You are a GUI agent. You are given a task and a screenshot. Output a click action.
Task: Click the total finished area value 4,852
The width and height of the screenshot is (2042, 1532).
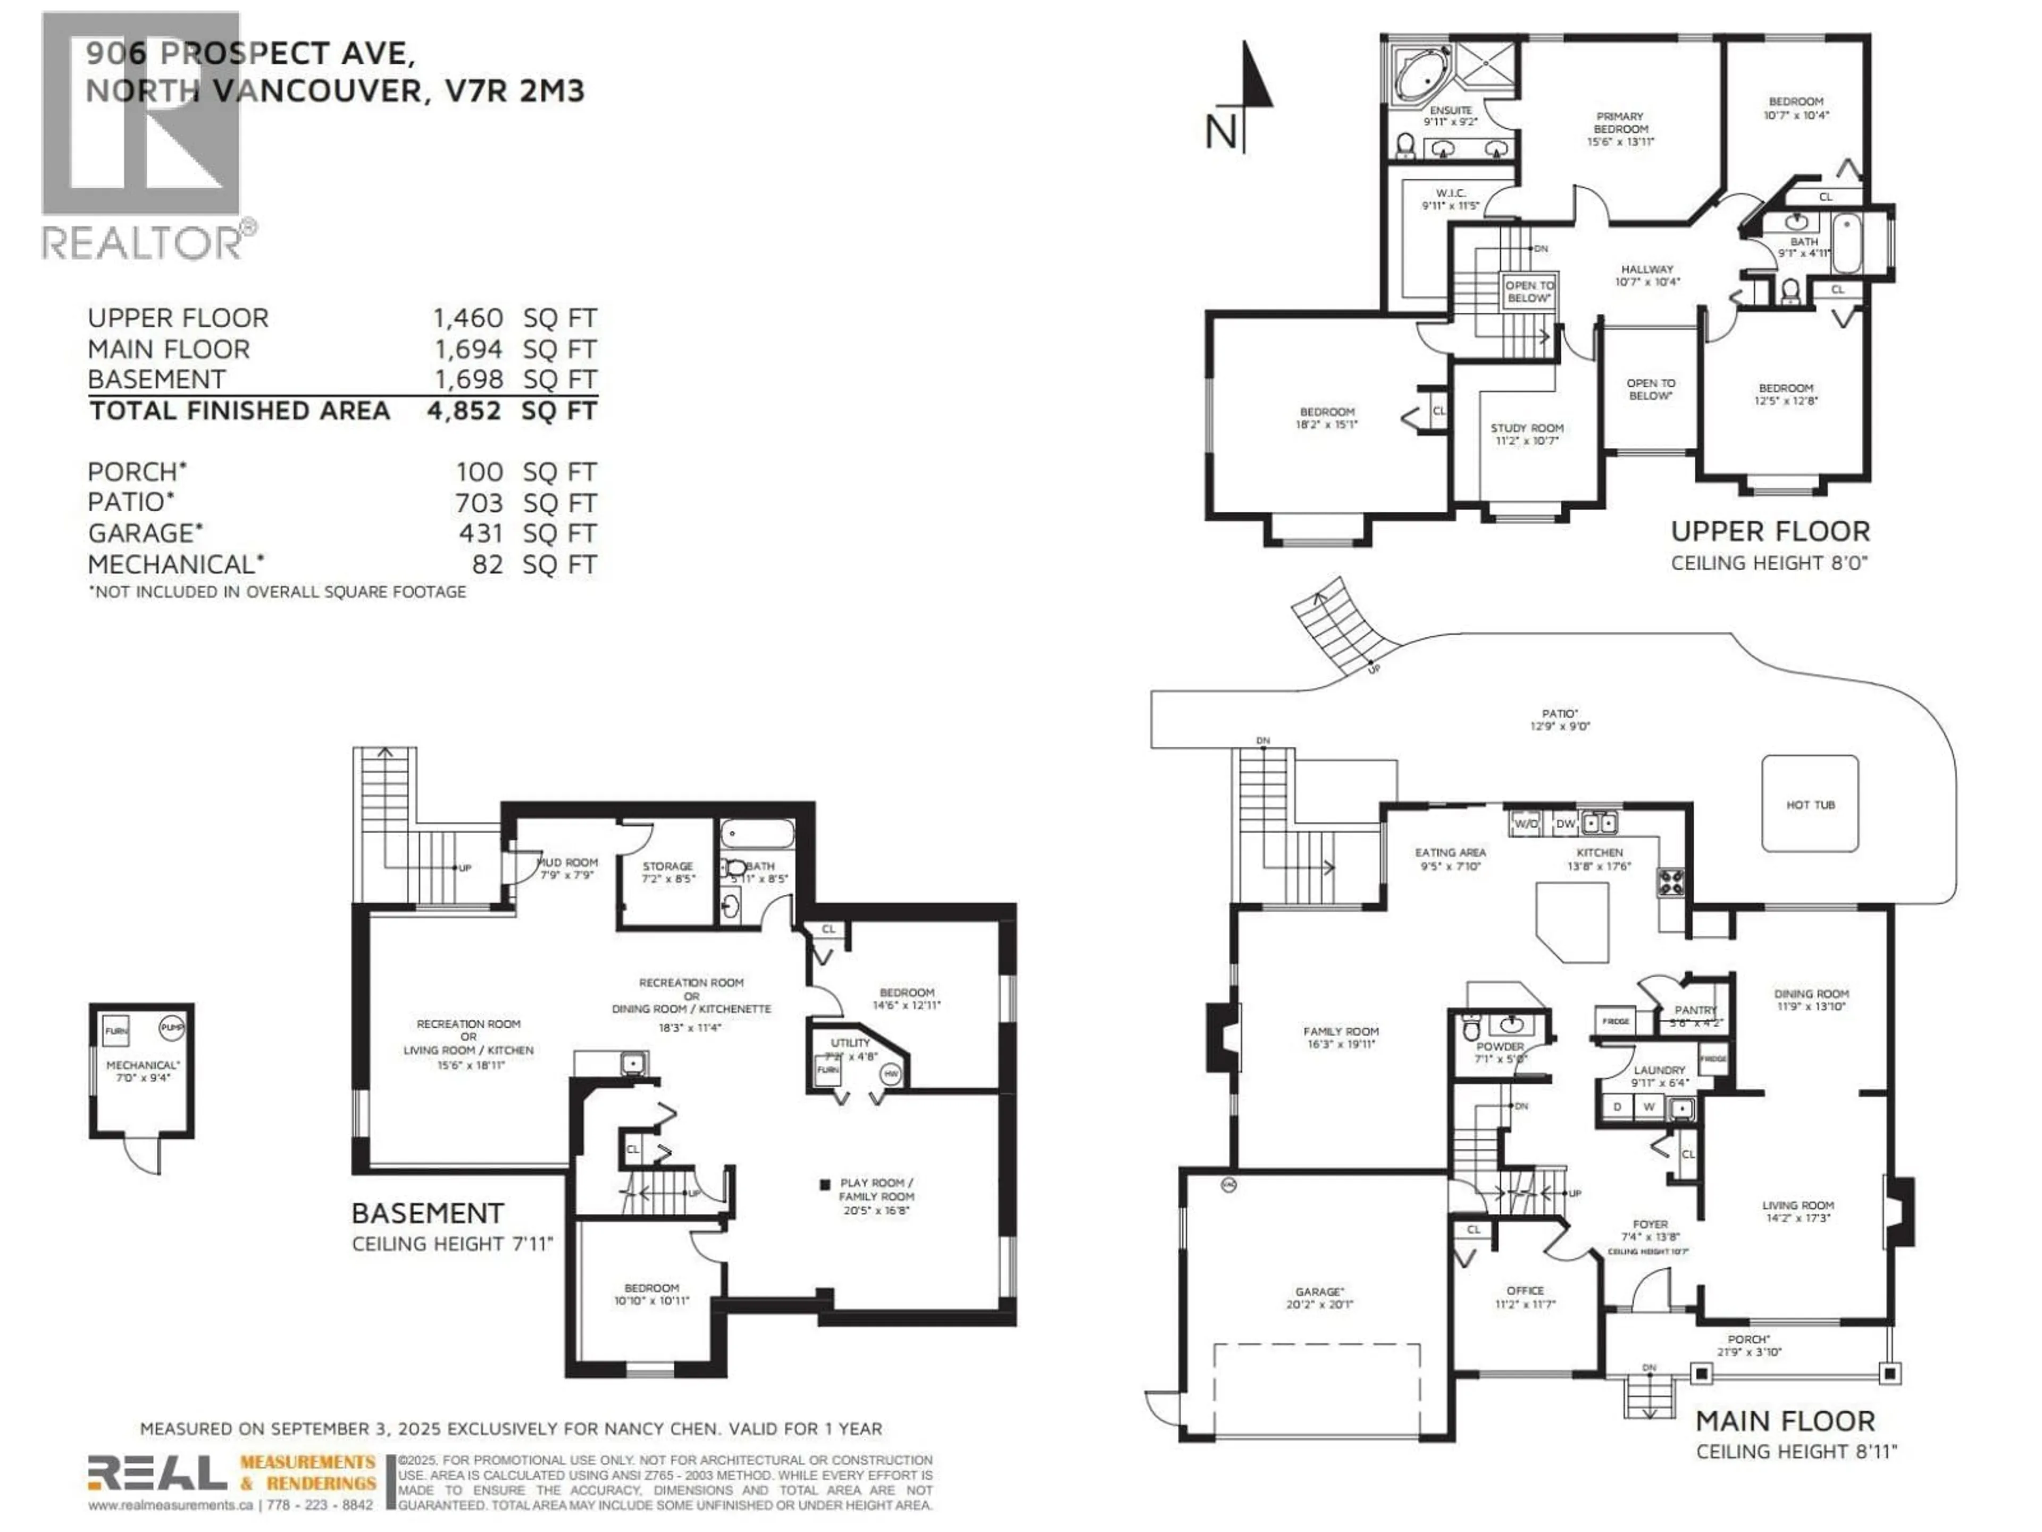[464, 411]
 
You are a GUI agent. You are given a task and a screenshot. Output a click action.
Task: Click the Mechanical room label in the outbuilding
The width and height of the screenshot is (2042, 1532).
[142, 1065]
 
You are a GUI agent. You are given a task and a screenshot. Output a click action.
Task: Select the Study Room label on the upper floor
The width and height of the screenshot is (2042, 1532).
[1527, 428]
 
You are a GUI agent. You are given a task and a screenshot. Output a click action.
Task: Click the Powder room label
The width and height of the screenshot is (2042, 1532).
[1500, 1047]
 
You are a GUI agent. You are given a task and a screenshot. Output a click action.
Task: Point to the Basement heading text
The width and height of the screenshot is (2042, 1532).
[428, 1213]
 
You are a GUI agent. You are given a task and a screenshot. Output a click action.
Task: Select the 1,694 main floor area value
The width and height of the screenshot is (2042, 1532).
[468, 349]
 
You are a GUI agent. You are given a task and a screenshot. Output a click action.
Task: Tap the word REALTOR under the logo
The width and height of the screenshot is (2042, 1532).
[141, 243]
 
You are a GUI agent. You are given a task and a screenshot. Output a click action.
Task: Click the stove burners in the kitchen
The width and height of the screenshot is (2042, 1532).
[1671, 882]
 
